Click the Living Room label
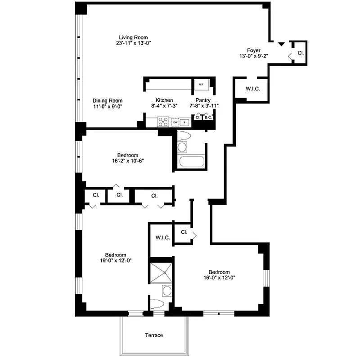(133, 37)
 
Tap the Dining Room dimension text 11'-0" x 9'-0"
(108, 107)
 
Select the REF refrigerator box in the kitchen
(201, 84)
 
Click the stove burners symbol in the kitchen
(163, 121)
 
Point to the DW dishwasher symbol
(175, 122)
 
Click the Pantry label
(203, 100)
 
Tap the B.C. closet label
(208, 117)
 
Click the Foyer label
(254, 50)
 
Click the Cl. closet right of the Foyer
(301, 53)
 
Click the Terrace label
(154, 335)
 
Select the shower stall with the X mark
(161, 271)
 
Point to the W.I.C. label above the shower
(162, 237)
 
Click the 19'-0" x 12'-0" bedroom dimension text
(116, 260)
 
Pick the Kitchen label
(164, 100)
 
